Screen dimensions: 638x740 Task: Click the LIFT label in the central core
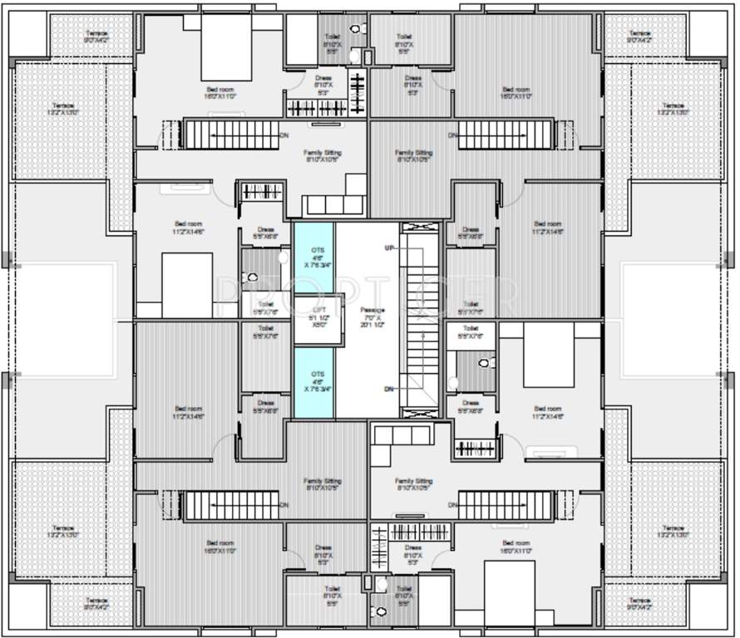point(313,315)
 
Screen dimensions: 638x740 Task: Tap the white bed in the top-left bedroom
point(226,48)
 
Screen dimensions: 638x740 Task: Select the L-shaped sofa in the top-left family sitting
point(333,199)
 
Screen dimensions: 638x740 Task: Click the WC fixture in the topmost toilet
point(356,29)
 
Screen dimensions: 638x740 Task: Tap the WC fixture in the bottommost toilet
point(382,611)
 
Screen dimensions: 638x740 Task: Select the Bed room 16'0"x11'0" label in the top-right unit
point(516,93)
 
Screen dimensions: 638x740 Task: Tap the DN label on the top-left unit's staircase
point(284,135)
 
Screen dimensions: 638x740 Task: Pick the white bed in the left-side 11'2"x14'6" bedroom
point(186,285)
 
